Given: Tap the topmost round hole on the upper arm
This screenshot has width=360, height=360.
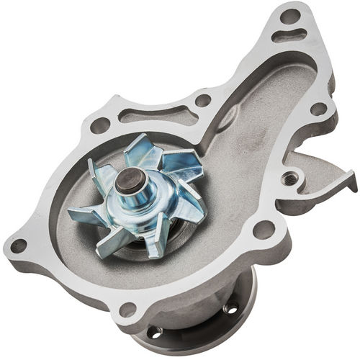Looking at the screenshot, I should click(x=289, y=15).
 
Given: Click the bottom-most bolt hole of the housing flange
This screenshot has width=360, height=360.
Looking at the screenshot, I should click(x=128, y=310).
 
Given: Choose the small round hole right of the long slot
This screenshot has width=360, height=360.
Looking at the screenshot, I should click(x=203, y=101).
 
